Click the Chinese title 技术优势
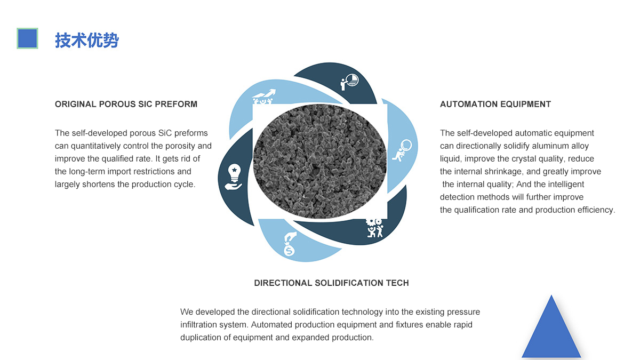point(86,40)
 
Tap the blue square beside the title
point(27,38)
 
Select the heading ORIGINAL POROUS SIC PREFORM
point(126,104)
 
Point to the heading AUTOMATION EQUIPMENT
point(495,104)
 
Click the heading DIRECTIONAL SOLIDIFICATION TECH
point(331,283)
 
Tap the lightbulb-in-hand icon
point(234,177)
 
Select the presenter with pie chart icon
point(349,82)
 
